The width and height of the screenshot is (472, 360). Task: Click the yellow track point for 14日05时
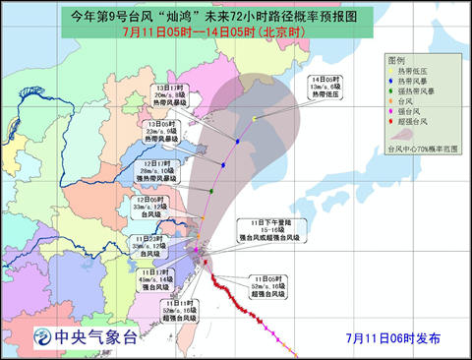[254, 119]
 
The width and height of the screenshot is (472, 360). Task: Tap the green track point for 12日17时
[210, 191]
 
